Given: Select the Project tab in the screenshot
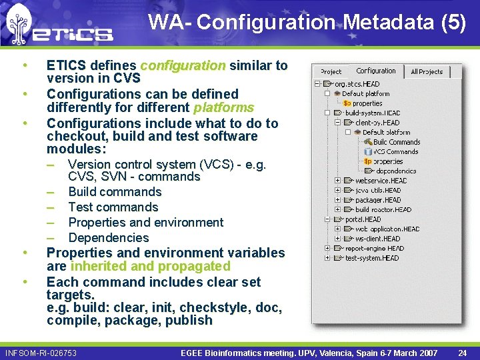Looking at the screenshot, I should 331,71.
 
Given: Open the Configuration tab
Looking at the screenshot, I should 375,71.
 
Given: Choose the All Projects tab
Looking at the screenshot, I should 427,71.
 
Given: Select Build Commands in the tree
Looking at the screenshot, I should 397,142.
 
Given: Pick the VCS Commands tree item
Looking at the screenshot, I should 395,151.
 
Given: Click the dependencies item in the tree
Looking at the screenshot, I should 395,171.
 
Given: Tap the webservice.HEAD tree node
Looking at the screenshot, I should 381,181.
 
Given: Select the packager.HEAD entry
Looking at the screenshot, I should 378,200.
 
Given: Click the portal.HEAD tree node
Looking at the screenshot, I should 363,219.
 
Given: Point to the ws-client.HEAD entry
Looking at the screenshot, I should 377,239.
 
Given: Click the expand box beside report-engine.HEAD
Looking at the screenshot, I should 327,249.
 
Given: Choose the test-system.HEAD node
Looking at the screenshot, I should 372,258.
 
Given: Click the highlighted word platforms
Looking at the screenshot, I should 223,107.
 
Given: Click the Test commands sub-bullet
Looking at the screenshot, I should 113,207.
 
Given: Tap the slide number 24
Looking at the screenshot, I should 463,353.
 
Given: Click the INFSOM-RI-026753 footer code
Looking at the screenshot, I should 41,353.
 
